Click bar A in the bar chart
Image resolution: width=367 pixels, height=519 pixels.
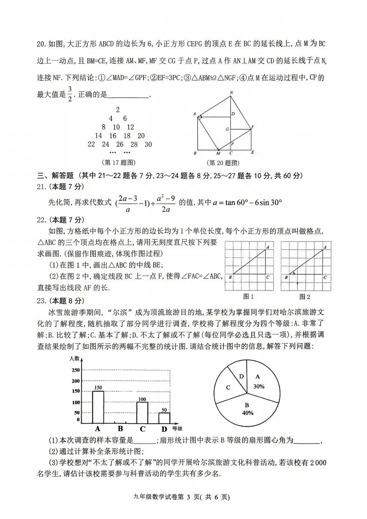coord(97,407)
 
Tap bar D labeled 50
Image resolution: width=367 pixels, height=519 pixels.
coord(164,418)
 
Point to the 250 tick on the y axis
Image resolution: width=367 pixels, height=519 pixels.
coord(75,370)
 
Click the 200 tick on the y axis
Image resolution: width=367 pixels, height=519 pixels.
coord(75,381)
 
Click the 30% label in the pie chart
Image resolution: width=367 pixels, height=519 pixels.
coord(258,386)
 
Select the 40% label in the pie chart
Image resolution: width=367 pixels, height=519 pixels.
coord(248,412)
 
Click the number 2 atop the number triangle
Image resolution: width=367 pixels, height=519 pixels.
coord(118,110)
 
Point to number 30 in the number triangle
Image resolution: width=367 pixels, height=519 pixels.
coord(148,144)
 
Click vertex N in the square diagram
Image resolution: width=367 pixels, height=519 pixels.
coord(231,93)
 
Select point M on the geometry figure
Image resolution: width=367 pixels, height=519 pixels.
coord(218,153)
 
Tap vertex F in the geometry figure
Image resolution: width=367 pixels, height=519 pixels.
coord(253,126)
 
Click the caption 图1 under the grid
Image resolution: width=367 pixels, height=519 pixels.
coord(249,296)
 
